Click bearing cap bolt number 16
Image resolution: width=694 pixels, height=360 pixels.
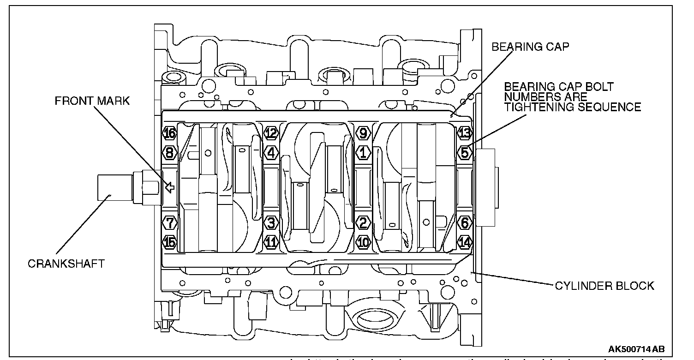170,134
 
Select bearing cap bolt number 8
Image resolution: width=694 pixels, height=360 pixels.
170,152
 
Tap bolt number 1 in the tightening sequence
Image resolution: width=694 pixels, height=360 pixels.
363,152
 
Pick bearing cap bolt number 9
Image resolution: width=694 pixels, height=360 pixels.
363,134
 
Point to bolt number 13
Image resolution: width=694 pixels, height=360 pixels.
465,134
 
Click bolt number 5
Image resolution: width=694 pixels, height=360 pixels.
465,152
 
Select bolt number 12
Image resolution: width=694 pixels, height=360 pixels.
271,134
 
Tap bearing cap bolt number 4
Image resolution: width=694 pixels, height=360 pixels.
271,152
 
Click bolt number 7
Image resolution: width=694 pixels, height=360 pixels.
170,223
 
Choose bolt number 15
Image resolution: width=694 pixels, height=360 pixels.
170,241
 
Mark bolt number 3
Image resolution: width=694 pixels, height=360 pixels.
271,223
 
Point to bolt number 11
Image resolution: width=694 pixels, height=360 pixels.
271,241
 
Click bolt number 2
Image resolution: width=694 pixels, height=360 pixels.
363,223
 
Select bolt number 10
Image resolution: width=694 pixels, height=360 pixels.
363,241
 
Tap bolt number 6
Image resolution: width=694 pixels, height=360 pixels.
465,223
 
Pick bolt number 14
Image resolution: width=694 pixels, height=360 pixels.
465,241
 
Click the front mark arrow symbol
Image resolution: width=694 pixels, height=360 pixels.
170,187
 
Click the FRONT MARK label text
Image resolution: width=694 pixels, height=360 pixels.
92,102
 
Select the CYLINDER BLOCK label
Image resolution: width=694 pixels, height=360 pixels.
604,286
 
